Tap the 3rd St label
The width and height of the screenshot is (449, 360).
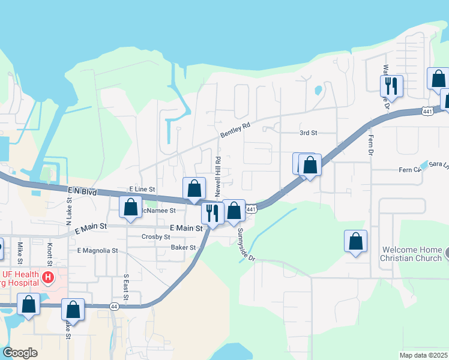tap(308, 133)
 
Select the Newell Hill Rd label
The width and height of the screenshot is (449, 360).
tap(219, 178)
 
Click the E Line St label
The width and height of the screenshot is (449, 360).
tap(142, 189)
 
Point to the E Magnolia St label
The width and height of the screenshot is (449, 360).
tap(97, 250)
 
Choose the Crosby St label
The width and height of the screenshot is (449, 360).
tap(156, 237)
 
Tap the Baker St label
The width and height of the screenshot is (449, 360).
tap(184, 247)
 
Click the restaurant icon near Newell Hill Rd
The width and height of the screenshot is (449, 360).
tap(212, 212)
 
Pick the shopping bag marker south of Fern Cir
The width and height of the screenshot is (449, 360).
tap(355, 241)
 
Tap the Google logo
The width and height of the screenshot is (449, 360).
tap(20, 353)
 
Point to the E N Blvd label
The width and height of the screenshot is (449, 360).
tap(82, 191)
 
